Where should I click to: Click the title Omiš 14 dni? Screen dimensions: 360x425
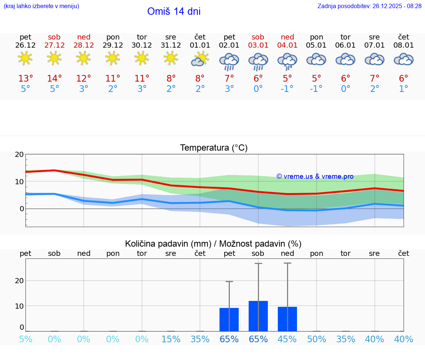174,11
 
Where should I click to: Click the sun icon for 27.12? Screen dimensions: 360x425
55,58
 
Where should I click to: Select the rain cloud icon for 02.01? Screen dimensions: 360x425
229,61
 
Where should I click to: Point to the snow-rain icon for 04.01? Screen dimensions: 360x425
287,61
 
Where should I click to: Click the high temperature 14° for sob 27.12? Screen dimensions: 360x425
55,79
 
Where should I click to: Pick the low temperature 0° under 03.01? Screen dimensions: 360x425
258,89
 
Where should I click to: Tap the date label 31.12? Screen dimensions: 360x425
171,45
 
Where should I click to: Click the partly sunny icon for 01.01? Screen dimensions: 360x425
200,59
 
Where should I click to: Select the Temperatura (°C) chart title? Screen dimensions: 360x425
214,148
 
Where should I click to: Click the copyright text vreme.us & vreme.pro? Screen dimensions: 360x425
315,176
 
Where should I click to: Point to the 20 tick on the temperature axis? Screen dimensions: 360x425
19,155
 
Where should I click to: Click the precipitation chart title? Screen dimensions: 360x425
213,244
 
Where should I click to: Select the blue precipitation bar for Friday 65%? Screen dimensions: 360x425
229,320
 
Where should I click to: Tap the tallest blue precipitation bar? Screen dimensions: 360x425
258,316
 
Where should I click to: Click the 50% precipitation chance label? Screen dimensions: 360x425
317,339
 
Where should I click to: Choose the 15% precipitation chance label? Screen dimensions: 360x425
171,339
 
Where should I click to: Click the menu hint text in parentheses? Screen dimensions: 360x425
41,6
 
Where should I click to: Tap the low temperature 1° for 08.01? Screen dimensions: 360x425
404,89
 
